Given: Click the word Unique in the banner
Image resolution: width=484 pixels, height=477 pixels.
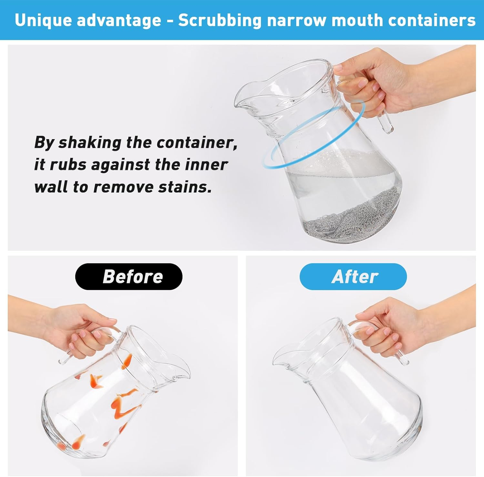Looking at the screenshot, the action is click(x=43, y=20).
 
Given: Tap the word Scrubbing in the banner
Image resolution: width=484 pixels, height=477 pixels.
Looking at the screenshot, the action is click(x=220, y=21).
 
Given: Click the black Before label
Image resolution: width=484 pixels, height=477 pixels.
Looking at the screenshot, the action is click(x=129, y=276).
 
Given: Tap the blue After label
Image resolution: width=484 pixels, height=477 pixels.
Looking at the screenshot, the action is click(x=353, y=277).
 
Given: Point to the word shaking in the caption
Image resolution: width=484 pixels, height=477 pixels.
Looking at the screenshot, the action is click(x=90, y=143).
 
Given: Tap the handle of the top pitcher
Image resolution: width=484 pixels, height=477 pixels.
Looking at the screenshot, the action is click(x=381, y=110).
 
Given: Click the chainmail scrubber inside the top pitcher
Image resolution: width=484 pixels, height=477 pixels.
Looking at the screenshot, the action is click(x=348, y=216).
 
